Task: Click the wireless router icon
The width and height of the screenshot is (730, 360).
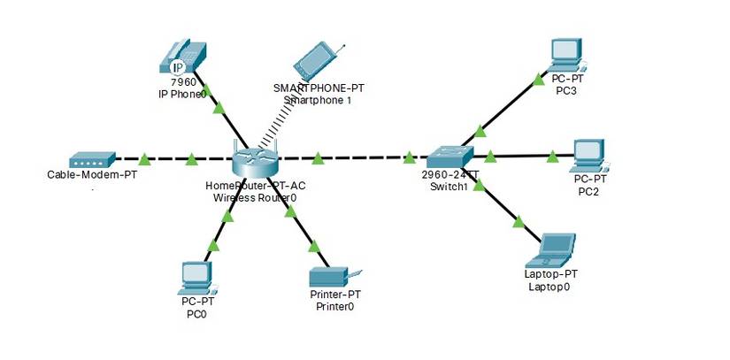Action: tap(256, 162)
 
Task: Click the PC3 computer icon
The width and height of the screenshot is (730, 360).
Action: tap(565, 55)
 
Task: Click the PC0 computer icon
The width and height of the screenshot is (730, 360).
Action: tap(194, 279)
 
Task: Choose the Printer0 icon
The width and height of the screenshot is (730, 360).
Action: tap(333, 279)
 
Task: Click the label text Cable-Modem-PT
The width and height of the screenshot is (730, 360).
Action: tap(92, 174)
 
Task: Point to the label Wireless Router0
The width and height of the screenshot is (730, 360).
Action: tap(255, 198)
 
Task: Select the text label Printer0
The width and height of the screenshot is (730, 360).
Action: tap(334, 307)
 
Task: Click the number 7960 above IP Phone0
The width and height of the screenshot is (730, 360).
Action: tap(183, 82)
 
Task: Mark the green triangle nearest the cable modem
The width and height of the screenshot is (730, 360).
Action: tap(144, 159)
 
